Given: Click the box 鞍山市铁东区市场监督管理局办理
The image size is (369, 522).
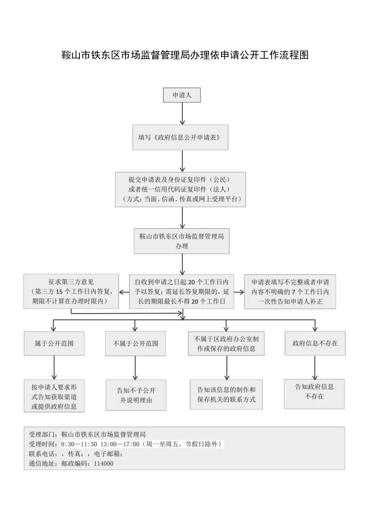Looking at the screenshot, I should point(182,241).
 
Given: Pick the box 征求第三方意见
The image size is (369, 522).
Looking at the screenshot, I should point(71,291).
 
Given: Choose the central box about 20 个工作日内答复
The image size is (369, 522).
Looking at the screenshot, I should point(182,291).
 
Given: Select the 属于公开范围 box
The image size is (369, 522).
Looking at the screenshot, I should point(54,343).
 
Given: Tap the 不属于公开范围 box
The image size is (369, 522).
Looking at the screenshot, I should point(136,343).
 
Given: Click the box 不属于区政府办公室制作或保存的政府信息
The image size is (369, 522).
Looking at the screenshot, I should point(227,343).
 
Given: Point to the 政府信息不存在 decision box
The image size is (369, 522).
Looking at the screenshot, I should point(315,343).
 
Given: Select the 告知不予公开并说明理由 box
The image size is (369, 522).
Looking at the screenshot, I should point(136,395).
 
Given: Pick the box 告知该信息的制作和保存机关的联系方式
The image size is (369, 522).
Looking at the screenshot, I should point(227,395).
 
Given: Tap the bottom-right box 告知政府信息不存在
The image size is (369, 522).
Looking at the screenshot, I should point(314,394).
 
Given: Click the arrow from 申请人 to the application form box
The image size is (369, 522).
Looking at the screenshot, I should point(182,114).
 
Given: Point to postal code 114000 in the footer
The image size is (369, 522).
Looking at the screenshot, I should point(103,463).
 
